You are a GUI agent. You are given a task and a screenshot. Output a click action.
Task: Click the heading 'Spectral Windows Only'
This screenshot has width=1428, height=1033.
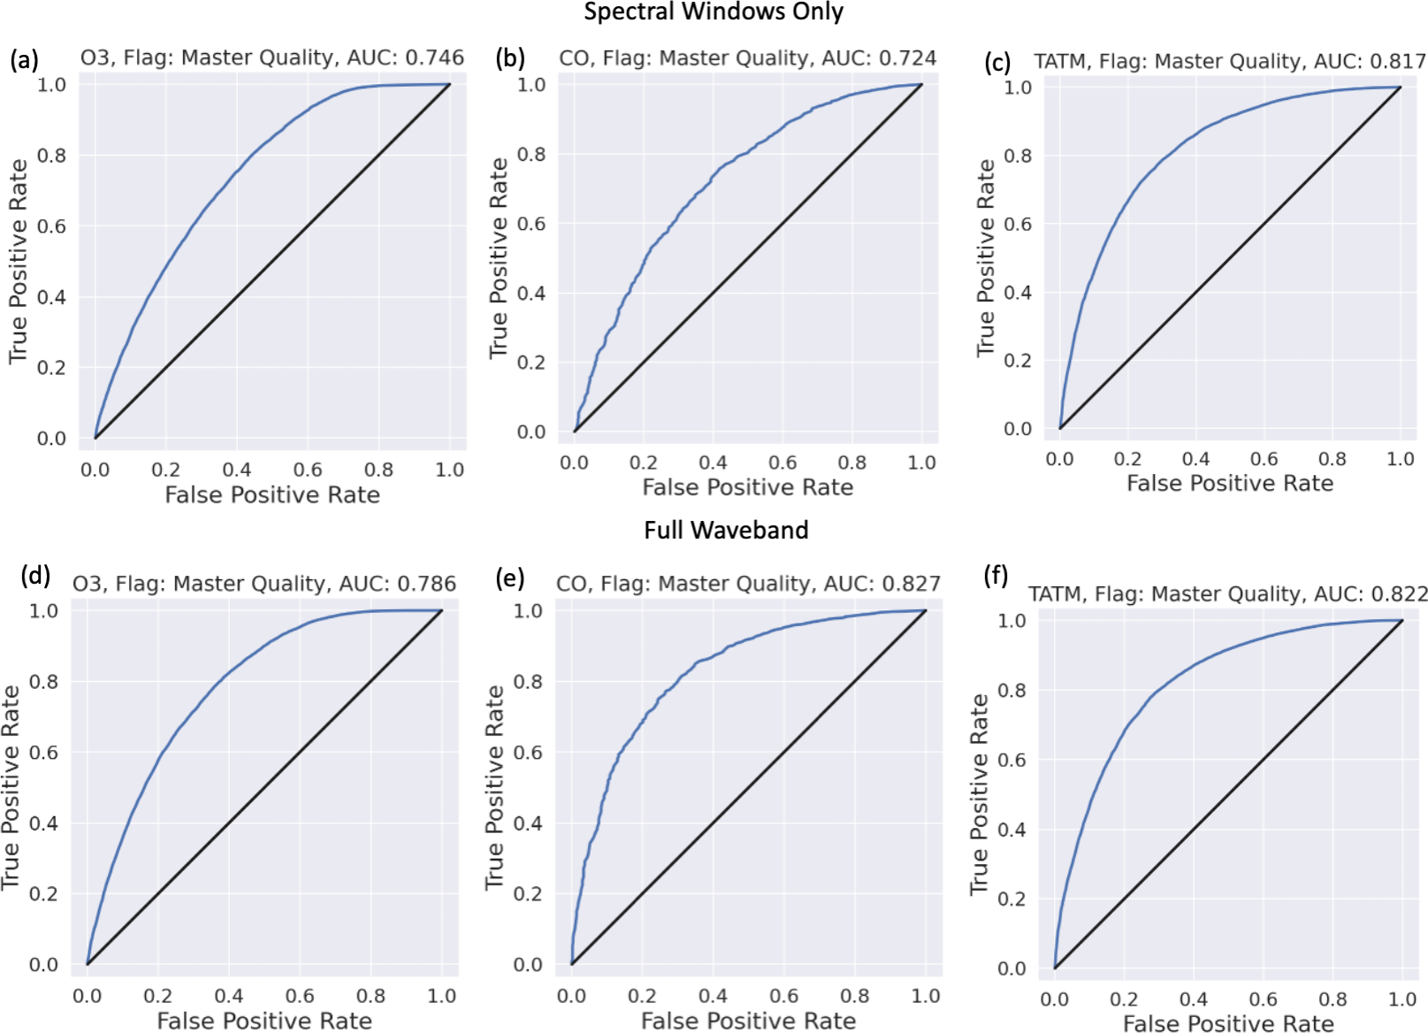coord(713,12)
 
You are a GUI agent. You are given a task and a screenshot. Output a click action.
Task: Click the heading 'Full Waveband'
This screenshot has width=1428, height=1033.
coord(726,530)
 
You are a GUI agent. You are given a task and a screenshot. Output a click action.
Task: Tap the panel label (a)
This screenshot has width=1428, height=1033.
coord(24,59)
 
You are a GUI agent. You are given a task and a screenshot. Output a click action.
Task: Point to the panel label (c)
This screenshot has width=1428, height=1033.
coord(997,62)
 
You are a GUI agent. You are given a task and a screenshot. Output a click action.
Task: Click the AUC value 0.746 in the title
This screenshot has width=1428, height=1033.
coord(434,57)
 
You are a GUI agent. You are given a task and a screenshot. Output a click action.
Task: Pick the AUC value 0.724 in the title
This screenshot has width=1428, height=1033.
coord(908,58)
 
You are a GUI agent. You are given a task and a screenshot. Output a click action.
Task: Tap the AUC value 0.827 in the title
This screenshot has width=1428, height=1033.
coord(912,584)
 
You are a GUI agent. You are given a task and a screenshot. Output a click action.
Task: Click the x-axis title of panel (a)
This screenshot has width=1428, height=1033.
coord(272,494)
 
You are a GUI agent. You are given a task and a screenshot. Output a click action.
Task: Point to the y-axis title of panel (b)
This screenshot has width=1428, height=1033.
coord(499,258)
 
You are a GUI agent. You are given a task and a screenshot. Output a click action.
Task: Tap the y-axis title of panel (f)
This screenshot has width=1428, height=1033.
coord(979,793)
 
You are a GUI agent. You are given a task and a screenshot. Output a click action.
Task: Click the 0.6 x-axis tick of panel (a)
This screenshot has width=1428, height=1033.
coord(308,470)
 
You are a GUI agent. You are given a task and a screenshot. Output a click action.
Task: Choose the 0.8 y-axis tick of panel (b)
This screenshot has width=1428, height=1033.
coord(531,154)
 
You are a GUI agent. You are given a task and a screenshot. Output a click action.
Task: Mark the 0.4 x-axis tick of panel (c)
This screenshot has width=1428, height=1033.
coord(1195,458)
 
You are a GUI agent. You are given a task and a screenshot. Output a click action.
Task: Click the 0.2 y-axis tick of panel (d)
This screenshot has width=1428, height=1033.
coord(44,893)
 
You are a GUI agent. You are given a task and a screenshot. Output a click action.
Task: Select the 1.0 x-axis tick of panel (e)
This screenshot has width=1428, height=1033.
coord(926,996)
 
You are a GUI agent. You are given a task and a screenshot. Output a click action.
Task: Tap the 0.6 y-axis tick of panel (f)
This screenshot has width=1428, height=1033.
coord(1012,760)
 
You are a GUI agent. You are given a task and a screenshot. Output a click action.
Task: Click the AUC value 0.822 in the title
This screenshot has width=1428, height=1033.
coord(1400,594)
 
